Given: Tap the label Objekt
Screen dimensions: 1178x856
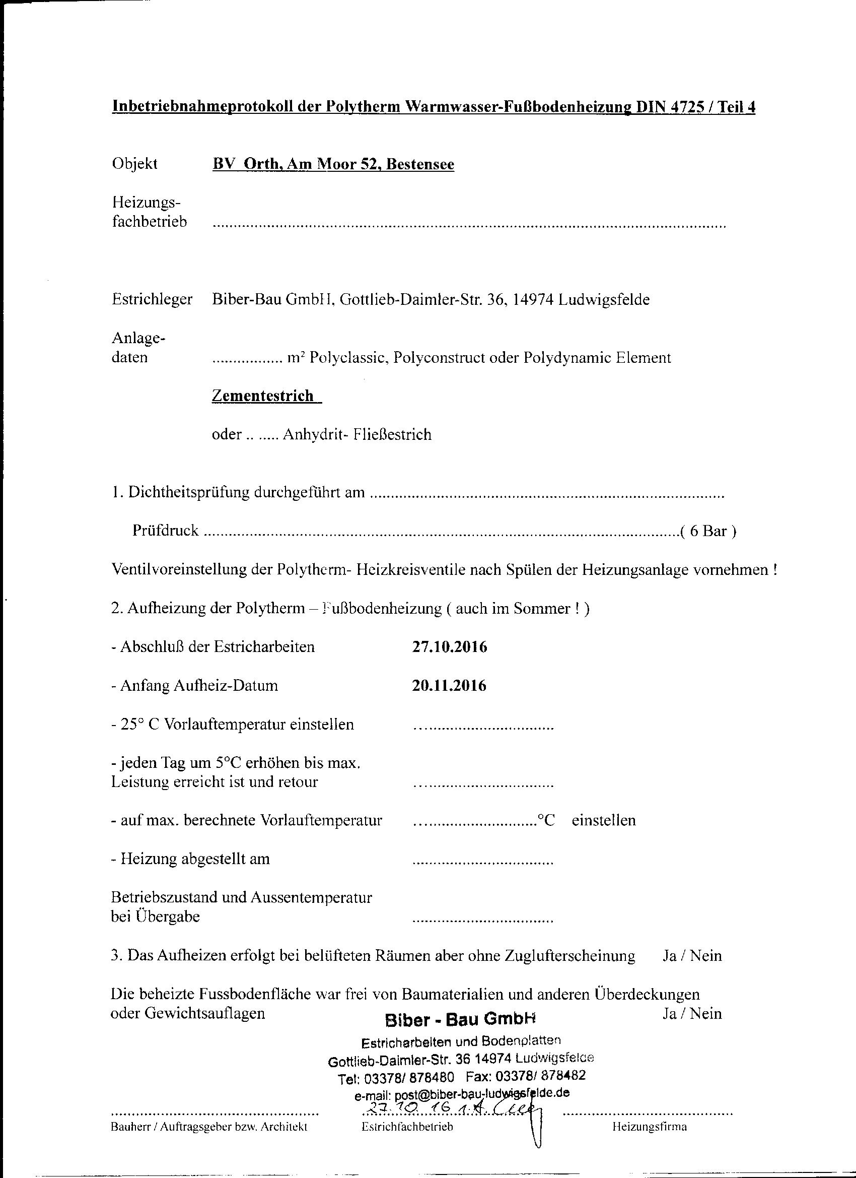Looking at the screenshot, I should [x=134, y=164].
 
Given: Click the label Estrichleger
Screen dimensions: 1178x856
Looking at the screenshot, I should [x=152, y=300].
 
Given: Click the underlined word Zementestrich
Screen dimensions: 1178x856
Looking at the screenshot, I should [x=263, y=396].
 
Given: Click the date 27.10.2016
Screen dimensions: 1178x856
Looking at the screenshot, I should [x=450, y=647].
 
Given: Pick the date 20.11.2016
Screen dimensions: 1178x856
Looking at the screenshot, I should [x=450, y=686].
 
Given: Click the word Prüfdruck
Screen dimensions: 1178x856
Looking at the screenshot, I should [x=166, y=531].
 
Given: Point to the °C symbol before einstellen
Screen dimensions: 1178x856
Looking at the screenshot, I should [x=546, y=821].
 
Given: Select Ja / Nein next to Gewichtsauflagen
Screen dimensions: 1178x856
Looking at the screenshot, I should [x=692, y=1013].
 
